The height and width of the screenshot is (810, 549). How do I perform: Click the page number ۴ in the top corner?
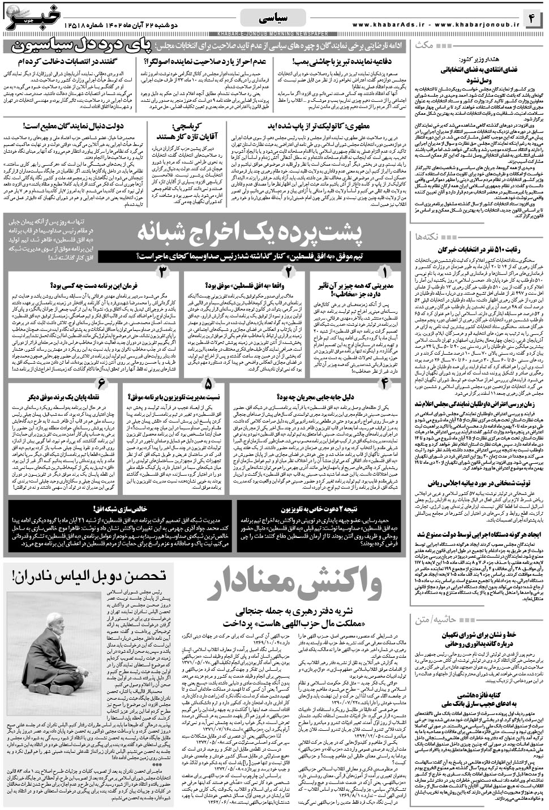tap(531, 19)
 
